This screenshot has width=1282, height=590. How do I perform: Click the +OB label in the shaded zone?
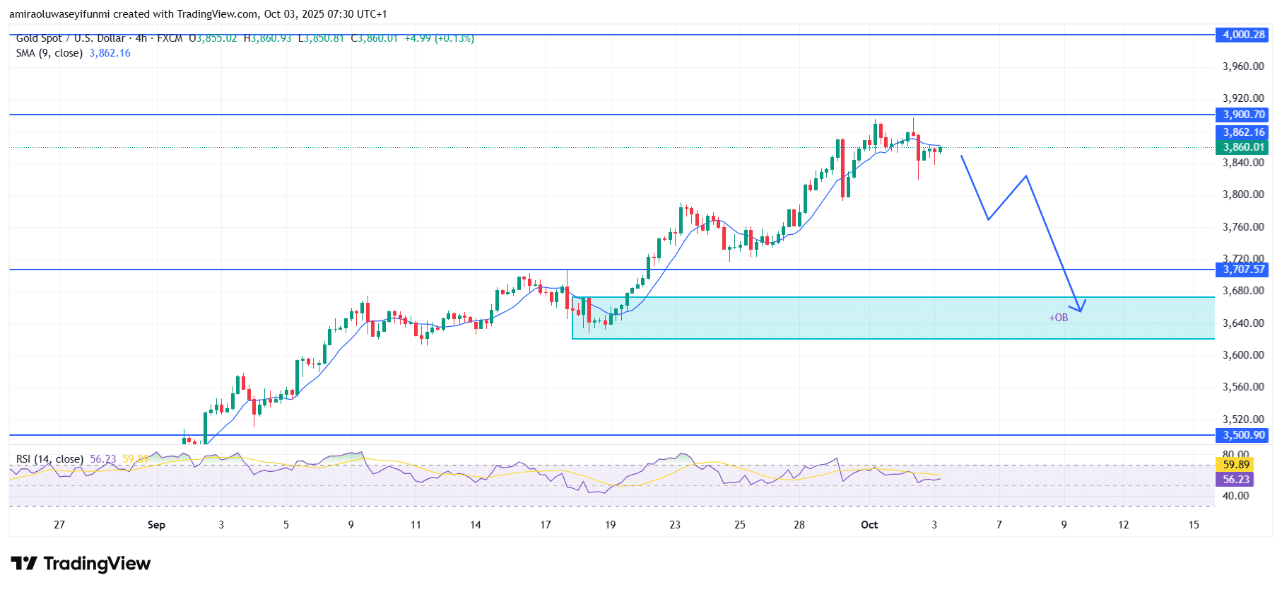(1058, 318)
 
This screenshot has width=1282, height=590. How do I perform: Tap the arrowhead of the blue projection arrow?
(1080, 308)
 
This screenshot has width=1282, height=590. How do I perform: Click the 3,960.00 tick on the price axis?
(1242, 66)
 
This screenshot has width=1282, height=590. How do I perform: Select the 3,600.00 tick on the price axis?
(1242, 355)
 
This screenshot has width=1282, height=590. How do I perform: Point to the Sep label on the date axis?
(156, 525)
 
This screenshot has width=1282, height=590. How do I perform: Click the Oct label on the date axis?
(869, 525)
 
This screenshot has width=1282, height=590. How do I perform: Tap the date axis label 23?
(675, 525)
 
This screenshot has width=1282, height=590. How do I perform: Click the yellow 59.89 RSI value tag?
(1236, 465)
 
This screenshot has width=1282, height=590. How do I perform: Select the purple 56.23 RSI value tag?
(1236, 480)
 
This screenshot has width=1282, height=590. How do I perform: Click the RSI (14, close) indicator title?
(49, 459)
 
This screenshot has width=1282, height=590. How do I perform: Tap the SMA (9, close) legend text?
(49, 53)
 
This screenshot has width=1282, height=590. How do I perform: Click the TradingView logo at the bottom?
(81, 564)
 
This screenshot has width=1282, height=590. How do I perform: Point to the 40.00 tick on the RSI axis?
(1235, 496)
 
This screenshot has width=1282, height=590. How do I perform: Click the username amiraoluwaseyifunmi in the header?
(59, 14)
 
